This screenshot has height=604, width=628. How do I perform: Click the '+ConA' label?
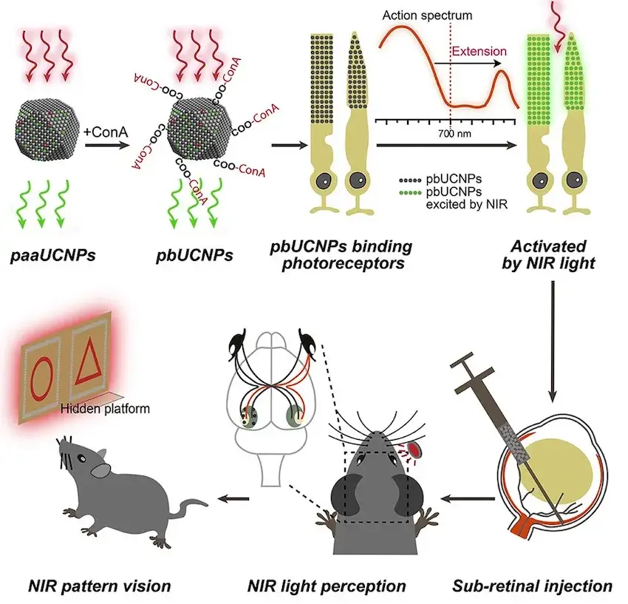pos(106,132)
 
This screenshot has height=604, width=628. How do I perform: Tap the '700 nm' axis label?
pos(454,134)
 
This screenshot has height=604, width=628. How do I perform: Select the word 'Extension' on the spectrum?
pos(479,51)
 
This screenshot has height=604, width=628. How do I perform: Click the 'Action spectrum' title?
pos(427,16)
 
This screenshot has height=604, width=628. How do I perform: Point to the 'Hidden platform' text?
pos(106,409)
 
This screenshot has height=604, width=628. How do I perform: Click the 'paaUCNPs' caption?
pos(53,255)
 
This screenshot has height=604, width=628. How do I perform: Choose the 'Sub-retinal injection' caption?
pos(532,586)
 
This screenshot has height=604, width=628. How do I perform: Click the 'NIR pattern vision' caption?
pos(100,586)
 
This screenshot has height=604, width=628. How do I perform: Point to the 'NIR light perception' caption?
pos(327,586)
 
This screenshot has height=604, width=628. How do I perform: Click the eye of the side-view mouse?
pos(81,458)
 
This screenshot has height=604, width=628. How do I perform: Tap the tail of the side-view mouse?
pos(189,506)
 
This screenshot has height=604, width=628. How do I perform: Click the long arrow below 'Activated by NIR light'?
pos(553,341)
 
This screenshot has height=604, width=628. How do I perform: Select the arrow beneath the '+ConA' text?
pos(107,145)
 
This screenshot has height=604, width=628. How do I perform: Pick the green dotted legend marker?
pos(410,193)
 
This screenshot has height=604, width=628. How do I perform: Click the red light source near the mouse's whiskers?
pos(415,450)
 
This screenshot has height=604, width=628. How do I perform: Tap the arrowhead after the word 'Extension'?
pos(497,64)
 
